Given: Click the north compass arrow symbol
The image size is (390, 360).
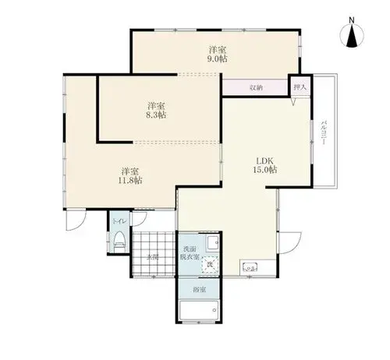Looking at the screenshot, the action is pyautogui.click(x=352, y=36).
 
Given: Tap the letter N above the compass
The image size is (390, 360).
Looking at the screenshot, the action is pyautogui.click(x=352, y=19).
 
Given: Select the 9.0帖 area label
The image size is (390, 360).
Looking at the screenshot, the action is pyautogui.click(x=217, y=59).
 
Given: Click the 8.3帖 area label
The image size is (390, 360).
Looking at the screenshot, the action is pyautogui.click(x=156, y=115).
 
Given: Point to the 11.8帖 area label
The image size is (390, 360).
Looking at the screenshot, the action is pyautogui.click(x=130, y=180).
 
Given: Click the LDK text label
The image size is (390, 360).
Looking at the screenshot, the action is pyautogui.click(x=264, y=161).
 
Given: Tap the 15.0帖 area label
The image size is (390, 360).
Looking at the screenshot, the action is pyautogui.click(x=264, y=170).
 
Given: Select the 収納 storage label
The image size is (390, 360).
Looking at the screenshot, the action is pyautogui.click(x=256, y=87).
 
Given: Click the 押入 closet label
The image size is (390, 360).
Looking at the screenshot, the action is pyautogui.click(x=300, y=87).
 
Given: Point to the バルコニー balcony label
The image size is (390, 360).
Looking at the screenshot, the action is pyautogui.click(x=324, y=132).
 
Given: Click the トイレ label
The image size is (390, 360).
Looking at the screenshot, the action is pyautogui.click(x=119, y=221).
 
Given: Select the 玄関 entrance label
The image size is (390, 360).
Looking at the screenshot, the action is pyautogui.click(x=153, y=257).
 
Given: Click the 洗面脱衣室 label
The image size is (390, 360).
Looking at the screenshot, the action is pyautogui.click(x=190, y=253).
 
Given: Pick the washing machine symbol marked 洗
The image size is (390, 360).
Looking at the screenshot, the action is pyautogui.click(x=210, y=264).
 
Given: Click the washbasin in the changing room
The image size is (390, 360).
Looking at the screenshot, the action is pyautogui.click(x=213, y=243).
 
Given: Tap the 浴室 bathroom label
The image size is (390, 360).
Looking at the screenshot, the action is pyautogui.click(x=200, y=289).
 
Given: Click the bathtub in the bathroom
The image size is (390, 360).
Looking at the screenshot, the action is pyautogui.click(x=200, y=310).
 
